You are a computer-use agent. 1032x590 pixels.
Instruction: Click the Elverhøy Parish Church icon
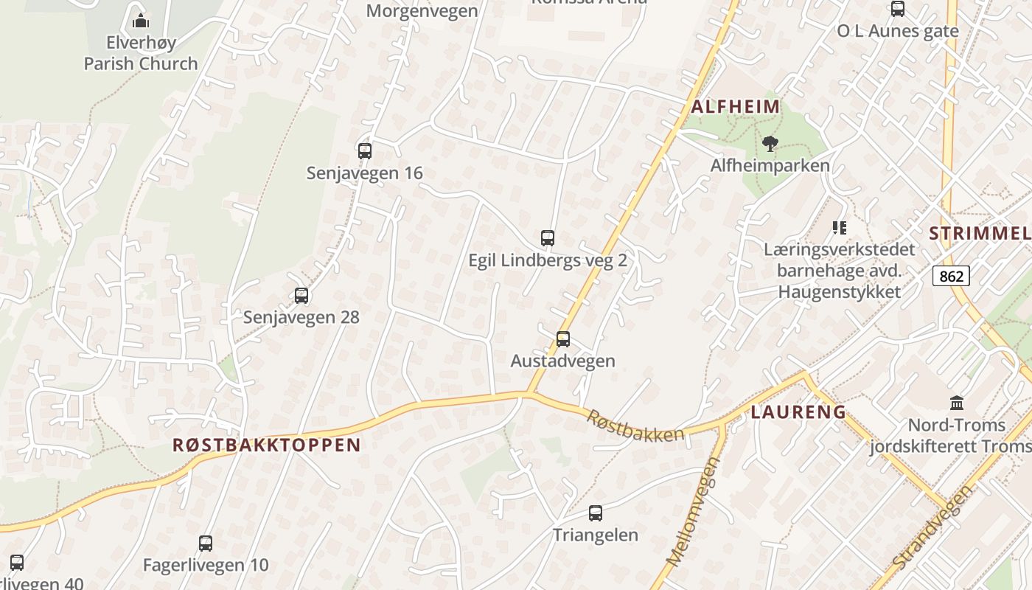[x=141, y=20]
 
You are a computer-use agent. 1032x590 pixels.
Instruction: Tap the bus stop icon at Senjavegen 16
[x=365, y=151]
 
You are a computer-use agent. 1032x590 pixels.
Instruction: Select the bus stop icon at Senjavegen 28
[x=301, y=296]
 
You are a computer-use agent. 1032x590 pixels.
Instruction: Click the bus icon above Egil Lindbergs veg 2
[x=548, y=238]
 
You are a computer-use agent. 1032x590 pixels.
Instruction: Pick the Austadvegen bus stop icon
[x=563, y=339]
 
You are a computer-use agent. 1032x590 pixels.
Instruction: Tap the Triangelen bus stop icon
[x=596, y=513]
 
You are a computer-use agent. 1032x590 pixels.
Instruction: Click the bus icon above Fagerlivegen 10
[x=206, y=544]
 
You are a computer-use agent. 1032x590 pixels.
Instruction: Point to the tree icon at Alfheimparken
[x=770, y=143]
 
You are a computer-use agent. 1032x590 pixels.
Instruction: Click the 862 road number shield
[x=951, y=276]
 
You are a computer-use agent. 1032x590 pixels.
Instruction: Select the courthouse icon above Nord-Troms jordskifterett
[x=957, y=403]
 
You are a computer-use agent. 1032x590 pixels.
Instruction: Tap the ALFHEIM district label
[x=736, y=106]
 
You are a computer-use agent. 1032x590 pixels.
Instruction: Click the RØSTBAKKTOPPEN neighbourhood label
[x=267, y=445]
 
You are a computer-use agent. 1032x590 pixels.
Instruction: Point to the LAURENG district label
[x=798, y=412]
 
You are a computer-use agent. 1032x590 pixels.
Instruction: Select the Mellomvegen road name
[x=692, y=512]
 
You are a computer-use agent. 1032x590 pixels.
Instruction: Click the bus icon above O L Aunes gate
[x=898, y=9]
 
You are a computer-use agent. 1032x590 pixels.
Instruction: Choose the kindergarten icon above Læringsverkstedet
[x=839, y=227]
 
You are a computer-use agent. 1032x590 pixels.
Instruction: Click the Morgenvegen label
[x=422, y=11]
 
